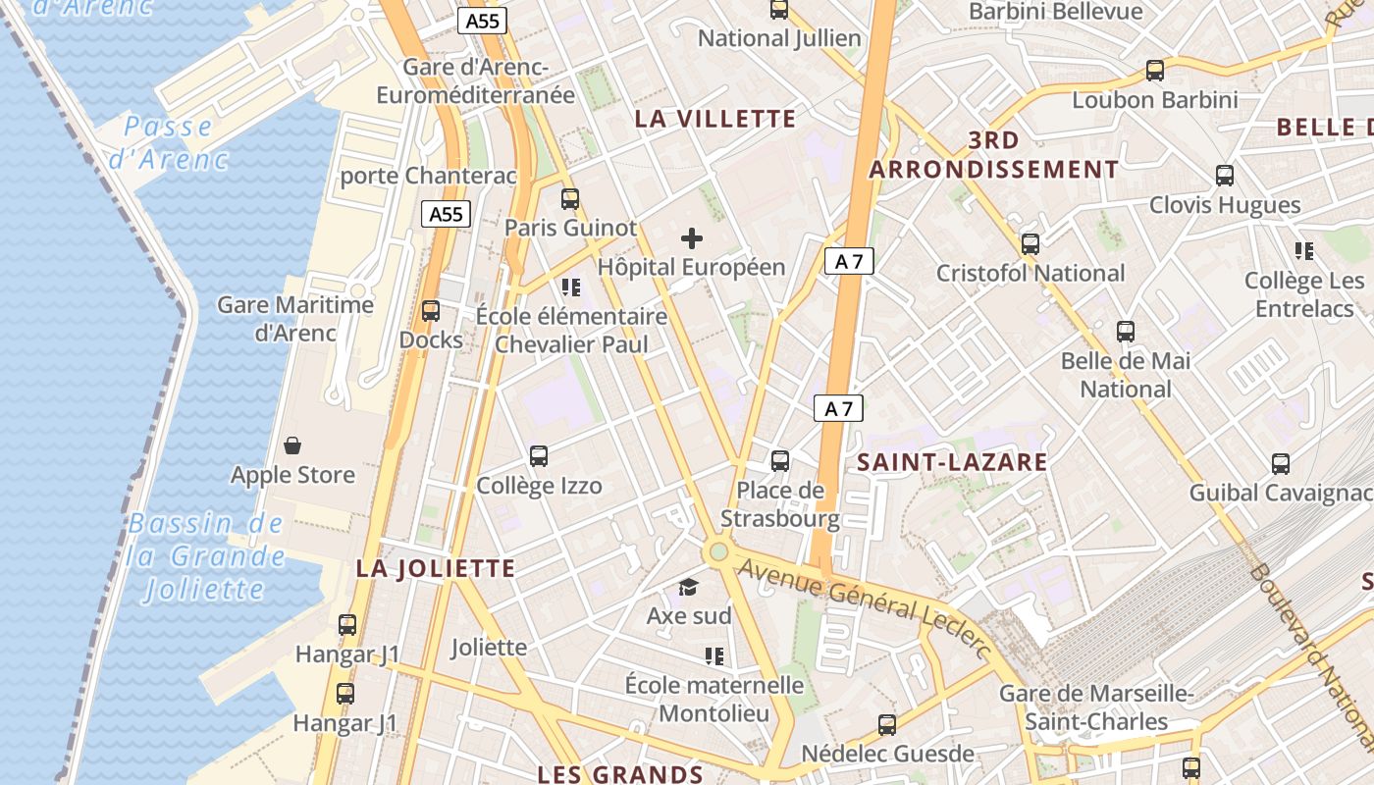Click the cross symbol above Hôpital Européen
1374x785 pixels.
692,238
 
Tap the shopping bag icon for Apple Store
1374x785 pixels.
292,446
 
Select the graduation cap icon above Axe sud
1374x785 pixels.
688,588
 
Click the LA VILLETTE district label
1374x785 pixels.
714,120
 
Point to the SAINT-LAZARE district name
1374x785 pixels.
952,462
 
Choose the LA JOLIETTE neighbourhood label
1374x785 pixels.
436,569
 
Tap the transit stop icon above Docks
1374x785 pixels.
431,311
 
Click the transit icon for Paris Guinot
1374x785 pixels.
570,199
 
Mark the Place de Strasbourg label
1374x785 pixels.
780,504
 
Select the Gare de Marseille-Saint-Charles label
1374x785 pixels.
1096,707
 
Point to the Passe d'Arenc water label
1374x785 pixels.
169,142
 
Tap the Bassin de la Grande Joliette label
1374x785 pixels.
206,556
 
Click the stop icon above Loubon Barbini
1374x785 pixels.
1155,71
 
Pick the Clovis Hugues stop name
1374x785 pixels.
1225,205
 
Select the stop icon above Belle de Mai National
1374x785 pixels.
1126,332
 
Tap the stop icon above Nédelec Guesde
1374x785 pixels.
887,725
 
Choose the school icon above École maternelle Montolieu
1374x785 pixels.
714,655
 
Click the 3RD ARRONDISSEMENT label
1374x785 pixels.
993,155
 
